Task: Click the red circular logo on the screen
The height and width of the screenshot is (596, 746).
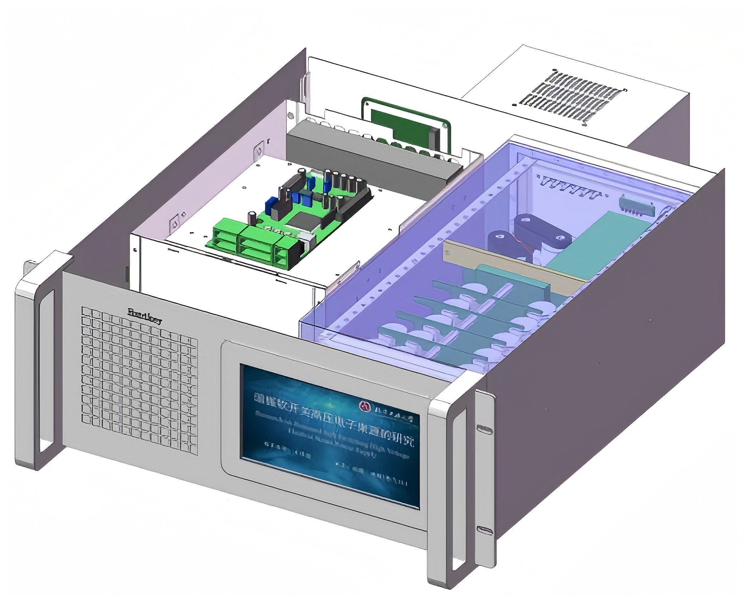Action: pos(365,405)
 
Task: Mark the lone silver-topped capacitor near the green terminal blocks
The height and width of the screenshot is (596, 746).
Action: pos(253,216)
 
